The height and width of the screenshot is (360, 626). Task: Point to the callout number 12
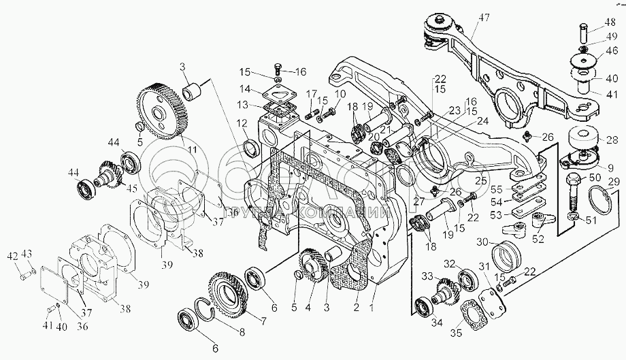[x=242, y=123]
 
